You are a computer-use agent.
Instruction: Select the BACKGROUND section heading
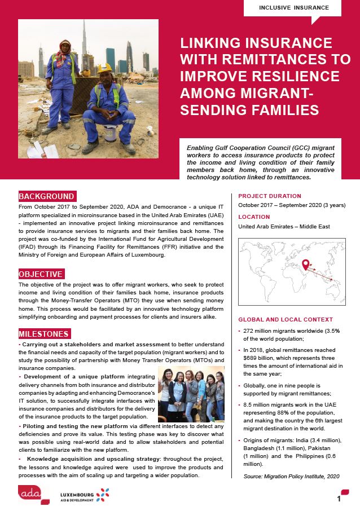[x=47, y=196]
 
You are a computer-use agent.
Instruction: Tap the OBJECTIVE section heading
[x=41, y=274]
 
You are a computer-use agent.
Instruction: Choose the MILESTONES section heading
[x=43, y=334]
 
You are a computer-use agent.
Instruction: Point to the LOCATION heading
[x=254, y=217]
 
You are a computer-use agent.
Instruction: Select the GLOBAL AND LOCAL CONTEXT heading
[x=286, y=319]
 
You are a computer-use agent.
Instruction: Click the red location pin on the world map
[x=306, y=263]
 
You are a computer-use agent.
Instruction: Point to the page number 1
[x=339, y=499]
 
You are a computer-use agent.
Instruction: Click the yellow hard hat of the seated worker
[x=105, y=69]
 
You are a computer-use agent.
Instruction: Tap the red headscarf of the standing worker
[x=65, y=43]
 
